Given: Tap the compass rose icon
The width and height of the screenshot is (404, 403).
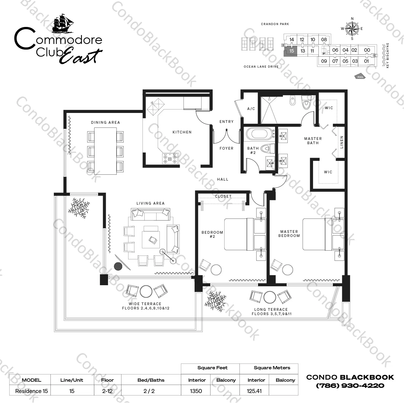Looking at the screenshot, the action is [352, 29].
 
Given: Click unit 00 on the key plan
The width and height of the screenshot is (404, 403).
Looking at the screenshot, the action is [367, 50].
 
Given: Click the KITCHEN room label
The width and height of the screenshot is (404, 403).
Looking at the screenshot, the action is [182, 132].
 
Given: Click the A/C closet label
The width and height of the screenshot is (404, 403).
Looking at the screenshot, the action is [251, 109].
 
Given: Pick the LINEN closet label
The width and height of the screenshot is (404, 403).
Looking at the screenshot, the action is [342, 142].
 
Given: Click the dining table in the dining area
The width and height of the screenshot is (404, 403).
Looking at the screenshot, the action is [105, 151].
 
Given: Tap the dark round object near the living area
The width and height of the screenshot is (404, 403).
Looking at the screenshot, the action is [118, 266].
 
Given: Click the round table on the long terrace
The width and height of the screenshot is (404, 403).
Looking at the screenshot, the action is [270, 297].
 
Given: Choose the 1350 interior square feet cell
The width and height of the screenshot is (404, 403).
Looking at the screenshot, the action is [196, 391].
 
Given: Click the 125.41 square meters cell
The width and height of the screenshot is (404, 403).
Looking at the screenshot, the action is [254, 391].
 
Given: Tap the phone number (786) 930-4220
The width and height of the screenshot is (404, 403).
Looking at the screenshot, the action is [350, 385].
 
